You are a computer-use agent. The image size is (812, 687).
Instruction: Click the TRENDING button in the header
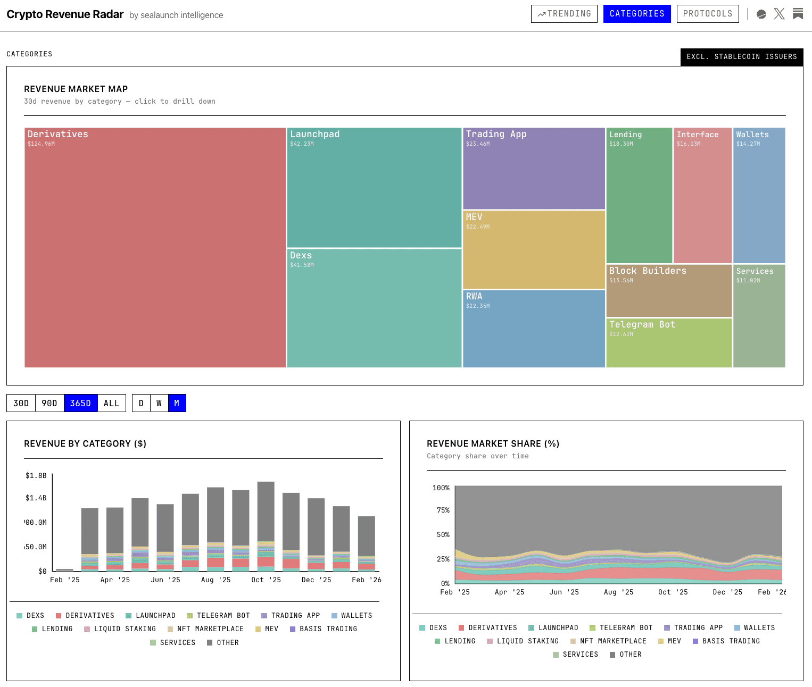[564, 14]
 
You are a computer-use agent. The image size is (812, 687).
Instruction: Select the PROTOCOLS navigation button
[707, 14]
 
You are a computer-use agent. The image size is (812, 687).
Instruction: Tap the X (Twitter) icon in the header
[779, 14]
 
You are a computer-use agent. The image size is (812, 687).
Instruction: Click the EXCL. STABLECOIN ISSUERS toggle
[741, 57]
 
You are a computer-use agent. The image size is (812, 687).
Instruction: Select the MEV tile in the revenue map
[534, 250]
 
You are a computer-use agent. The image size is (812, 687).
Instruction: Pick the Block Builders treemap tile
[669, 291]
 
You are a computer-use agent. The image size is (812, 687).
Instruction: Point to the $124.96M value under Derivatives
[41, 144]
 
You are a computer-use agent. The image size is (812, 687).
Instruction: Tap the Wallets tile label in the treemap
[752, 135]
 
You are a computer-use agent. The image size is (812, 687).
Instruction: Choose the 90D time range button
[49, 404]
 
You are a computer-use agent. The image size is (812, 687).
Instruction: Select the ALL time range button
[111, 404]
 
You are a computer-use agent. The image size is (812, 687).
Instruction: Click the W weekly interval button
[159, 404]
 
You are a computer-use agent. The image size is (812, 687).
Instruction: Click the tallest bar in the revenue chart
[266, 510]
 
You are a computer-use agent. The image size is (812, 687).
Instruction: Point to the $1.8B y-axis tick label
[36, 475]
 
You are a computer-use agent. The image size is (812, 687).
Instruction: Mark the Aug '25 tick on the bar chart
[216, 580]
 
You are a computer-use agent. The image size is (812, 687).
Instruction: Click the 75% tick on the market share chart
[443, 510]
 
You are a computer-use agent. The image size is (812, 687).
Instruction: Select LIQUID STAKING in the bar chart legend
[125, 629]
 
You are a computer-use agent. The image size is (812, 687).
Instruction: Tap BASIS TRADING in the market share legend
[731, 641]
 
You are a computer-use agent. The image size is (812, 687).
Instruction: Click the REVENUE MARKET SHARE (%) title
[493, 444]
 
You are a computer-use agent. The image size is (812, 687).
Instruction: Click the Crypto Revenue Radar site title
[65, 14]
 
